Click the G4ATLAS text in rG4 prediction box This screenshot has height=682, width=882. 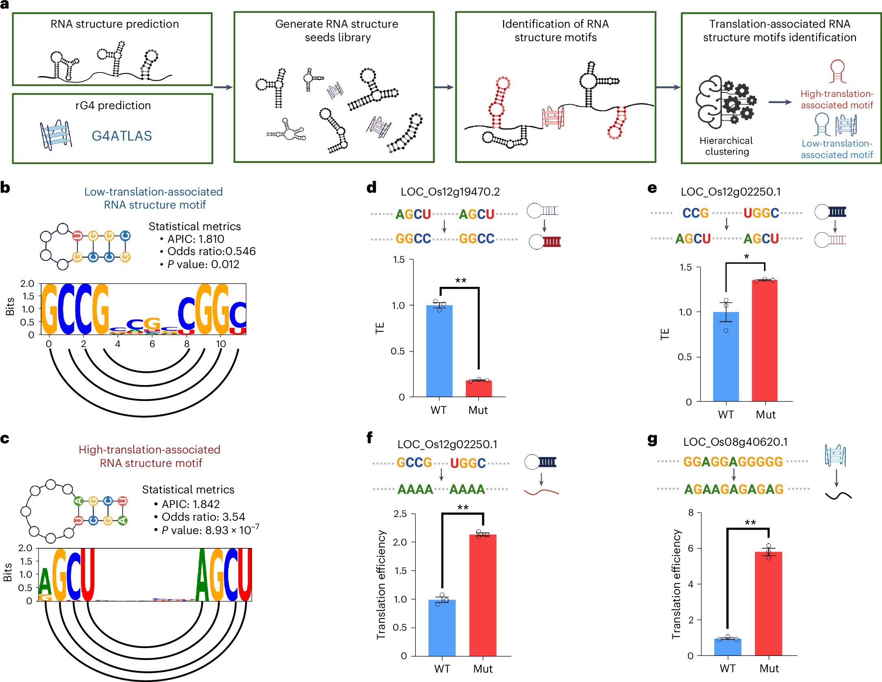pos(121,136)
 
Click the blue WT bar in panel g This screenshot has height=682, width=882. pos(727,647)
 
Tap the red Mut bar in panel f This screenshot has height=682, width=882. pos(483,595)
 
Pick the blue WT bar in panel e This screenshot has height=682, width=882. pos(726,356)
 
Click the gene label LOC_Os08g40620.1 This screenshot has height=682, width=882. pos(735,442)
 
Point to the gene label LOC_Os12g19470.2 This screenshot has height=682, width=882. pos(450,191)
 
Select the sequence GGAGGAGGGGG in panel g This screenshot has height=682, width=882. pos(733,462)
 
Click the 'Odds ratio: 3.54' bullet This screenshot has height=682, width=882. pos(203,517)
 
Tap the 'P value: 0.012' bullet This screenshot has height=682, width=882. pos(203,264)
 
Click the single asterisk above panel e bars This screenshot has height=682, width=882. pos(746,257)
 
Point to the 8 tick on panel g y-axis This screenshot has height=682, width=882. pos(691,513)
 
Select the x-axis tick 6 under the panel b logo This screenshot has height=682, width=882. pos(152,344)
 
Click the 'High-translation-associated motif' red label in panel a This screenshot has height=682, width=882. pos(836,99)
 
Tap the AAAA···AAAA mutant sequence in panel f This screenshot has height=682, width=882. pos(441,489)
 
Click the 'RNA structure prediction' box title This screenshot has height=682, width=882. pos(114,24)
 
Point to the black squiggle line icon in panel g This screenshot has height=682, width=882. pos(838,495)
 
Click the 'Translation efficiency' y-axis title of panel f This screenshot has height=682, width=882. pos(381,585)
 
